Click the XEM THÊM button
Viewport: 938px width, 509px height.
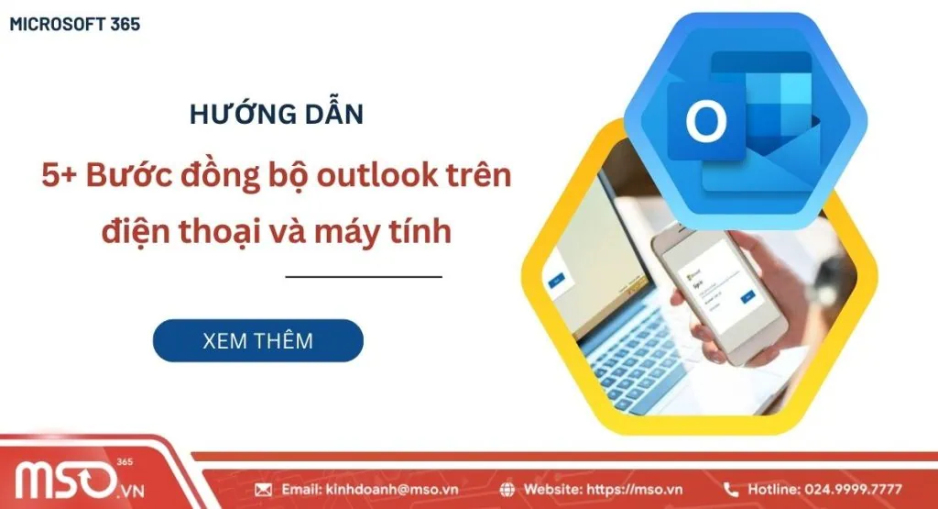click(x=257, y=340)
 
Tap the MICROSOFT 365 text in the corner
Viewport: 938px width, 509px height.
click(x=74, y=25)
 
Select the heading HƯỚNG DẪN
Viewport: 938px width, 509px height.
click(x=276, y=115)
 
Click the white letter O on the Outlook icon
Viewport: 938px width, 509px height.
click(x=705, y=122)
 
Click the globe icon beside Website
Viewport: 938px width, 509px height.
click(x=508, y=490)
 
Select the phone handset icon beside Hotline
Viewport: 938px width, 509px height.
click(x=731, y=490)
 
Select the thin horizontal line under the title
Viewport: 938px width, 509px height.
click(x=364, y=276)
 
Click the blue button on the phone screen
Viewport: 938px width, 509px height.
click(x=748, y=296)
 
